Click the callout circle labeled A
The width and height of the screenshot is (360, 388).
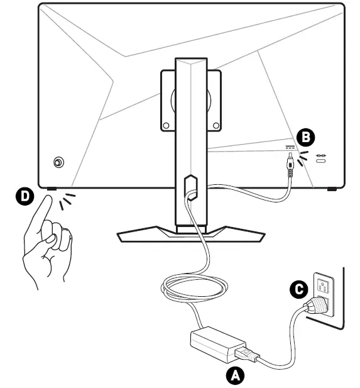click(x=235, y=375)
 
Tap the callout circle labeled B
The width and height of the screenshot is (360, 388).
click(x=305, y=137)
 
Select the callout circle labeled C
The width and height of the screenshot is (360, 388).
click(x=299, y=289)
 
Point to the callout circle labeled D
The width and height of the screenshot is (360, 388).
click(x=25, y=196)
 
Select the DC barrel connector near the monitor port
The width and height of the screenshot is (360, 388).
click(x=290, y=165)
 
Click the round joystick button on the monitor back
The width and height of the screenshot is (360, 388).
click(x=58, y=163)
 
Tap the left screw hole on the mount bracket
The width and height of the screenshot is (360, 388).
click(x=166, y=126)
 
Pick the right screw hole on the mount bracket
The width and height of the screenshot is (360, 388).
click(x=216, y=126)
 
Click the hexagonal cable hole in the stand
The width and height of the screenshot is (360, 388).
click(x=190, y=187)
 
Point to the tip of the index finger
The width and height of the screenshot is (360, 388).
click(x=49, y=197)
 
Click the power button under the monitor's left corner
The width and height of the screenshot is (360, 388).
click(x=52, y=189)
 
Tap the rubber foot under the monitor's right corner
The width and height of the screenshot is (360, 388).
click(x=332, y=189)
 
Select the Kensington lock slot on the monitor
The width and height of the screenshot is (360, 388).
click(x=321, y=161)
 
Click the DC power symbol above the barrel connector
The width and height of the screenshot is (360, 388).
click(x=290, y=148)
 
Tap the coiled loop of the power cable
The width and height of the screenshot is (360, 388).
click(x=194, y=287)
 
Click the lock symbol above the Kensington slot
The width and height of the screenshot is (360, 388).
click(x=321, y=155)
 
